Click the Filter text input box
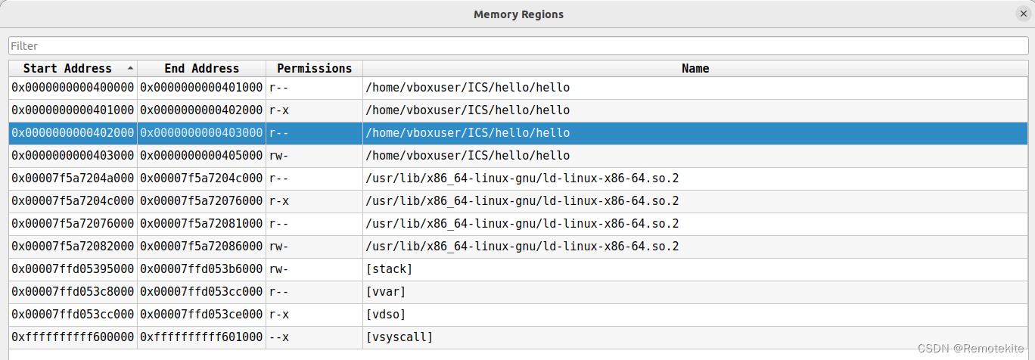pyautogui.click(x=518, y=45)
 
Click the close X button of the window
pyautogui.click(x=1024, y=14)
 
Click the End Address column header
pyautogui.click(x=201, y=68)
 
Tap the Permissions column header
pyautogui.click(x=314, y=68)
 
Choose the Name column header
pyautogui.click(x=695, y=68)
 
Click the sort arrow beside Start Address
pyautogui.click(x=131, y=68)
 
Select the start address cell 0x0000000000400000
pyautogui.click(x=73, y=87)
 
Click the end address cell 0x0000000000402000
pyautogui.click(x=201, y=110)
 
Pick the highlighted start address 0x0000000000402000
pyautogui.click(x=73, y=132)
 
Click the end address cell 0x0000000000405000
pyautogui.click(x=201, y=155)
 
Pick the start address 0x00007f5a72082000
pyautogui.click(x=73, y=247)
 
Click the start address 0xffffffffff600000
pyautogui.click(x=73, y=337)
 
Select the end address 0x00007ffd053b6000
pyautogui.click(x=201, y=269)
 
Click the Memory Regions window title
pyautogui.click(x=518, y=14)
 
